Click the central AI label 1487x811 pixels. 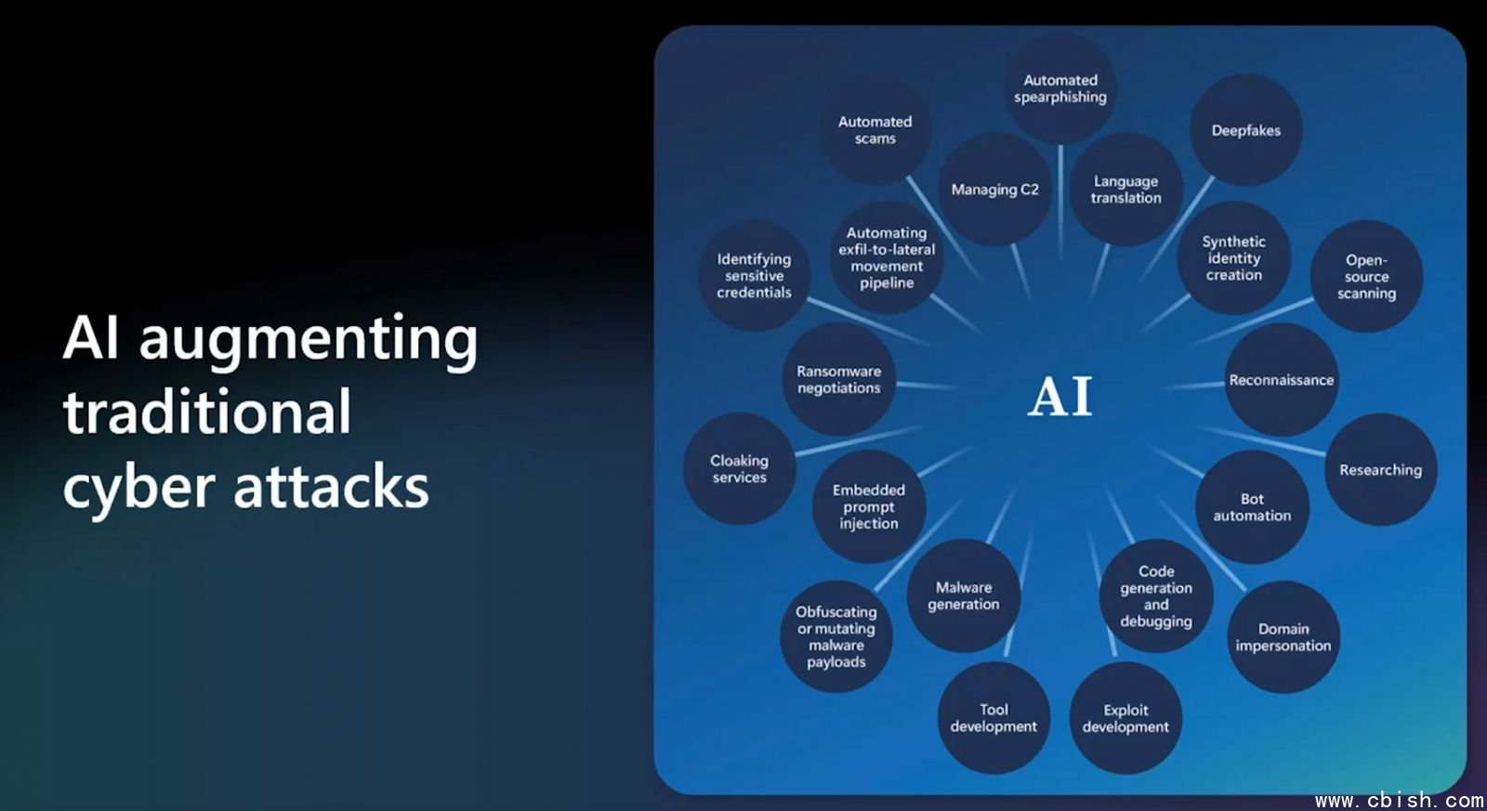point(1060,397)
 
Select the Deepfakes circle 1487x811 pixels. point(1245,130)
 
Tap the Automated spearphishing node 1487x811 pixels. point(1060,89)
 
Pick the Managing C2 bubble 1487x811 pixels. point(994,190)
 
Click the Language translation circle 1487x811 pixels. point(1125,190)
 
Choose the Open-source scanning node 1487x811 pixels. point(1366,277)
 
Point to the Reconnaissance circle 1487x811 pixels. point(1281,380)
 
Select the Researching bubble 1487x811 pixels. point(1380,470)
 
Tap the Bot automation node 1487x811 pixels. point(1252,507)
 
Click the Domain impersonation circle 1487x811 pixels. point(1283,637)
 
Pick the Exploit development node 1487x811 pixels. point(1125,718)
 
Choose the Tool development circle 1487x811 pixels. point(994,718)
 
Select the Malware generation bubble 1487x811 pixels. point(964,595)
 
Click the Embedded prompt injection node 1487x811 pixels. point(868,506)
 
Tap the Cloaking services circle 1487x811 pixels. point(739,468)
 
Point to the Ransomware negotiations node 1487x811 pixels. point(838,379)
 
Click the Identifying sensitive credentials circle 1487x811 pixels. point(754,276)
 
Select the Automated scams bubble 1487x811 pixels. point(875,130)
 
